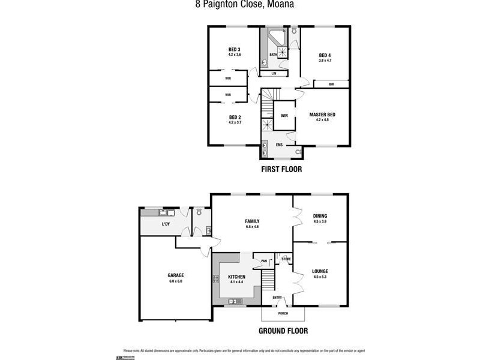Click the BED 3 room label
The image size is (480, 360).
coord(234,49)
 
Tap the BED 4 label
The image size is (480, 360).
coord(325,55)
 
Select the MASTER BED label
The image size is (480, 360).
coord(322,115)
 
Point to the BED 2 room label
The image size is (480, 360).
coord(235,117)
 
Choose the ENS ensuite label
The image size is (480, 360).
coord(279,145)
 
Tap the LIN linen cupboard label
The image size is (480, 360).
coord(274,73)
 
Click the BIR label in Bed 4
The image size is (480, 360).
coord(331,84)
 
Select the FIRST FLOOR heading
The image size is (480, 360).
coord(281,169)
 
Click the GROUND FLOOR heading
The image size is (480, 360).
coord(283,331)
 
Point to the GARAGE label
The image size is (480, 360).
coord(176,275)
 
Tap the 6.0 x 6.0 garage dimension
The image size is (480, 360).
coord(176,281)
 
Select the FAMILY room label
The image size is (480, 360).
coord(251,221)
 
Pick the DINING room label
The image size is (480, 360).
coord(320,216)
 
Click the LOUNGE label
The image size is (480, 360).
coord(320,271)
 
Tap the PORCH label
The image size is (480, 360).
coord(283,314)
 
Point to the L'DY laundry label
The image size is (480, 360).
coord(166,224)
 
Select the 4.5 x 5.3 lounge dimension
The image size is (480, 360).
coord(320,277)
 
